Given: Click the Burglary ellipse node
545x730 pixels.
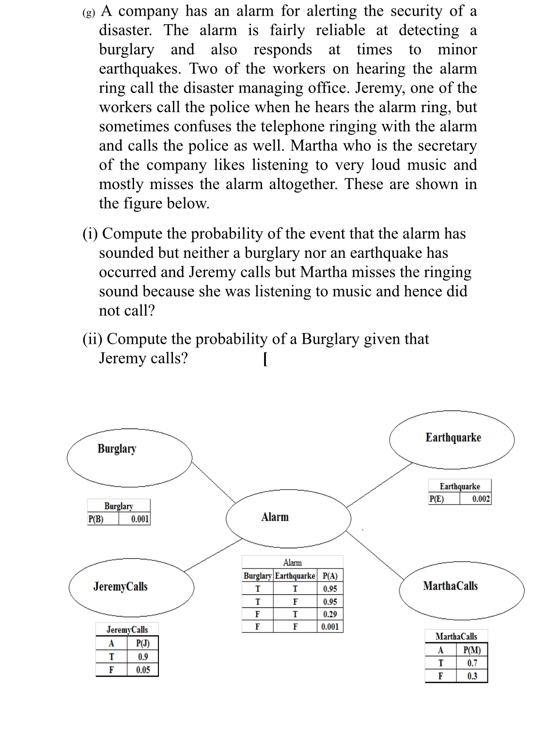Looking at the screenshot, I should coord(129,458).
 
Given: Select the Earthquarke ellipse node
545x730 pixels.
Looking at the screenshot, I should coord(452,440).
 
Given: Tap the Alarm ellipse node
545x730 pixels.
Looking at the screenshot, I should coord(288,518).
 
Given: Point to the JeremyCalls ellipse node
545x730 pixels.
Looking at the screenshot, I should coord(131,587).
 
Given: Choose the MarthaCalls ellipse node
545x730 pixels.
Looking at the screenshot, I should coord(461,590).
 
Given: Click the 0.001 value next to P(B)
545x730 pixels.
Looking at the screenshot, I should coord(140,519).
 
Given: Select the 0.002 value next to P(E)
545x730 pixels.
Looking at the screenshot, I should coord(481,499).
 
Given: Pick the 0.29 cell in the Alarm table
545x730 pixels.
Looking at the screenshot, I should coord(330,614).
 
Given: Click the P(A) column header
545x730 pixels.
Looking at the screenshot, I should coord(330,576).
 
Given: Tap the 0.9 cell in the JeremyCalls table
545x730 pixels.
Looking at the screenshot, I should coord(143,657).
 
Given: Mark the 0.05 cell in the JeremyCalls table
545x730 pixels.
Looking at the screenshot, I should coord(143,670).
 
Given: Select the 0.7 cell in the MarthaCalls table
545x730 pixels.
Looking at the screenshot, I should coord(472,663).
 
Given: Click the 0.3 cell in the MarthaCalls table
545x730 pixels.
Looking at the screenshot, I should coord(472,676).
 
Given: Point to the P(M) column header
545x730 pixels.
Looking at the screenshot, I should coord(472,650).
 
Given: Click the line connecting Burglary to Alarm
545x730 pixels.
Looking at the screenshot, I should coord(213,482).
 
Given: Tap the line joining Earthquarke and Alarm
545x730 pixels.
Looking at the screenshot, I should coord(379,485).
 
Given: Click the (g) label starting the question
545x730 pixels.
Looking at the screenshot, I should coord(89,13).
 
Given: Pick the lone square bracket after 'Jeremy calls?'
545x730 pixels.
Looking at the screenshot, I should coord(265,359).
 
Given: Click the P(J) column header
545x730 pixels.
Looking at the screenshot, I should coord(143,644).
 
